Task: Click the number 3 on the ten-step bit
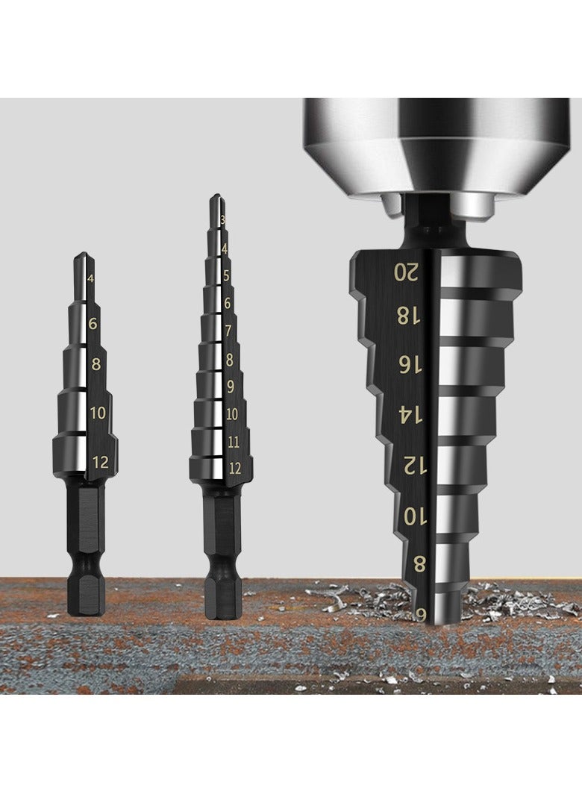pyautogui.click(x=223, y=219)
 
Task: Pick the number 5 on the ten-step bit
pyautogui.click(x=226, y=275)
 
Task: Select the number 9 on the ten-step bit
pyautogui.click(x=230, y=387)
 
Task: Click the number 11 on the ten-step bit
pyautogui.click(x=233, y=442)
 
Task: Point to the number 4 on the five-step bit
pyautogui.click(x=91, y=279)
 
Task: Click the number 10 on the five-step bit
pyautogui.click(x=98, y=413)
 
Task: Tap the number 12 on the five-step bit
pyautogui.click(x=100, y=463)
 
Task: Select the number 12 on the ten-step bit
pyautogui.click(x=234, y=469)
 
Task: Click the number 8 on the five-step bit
pyautogui.click(x=96, y=364)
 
